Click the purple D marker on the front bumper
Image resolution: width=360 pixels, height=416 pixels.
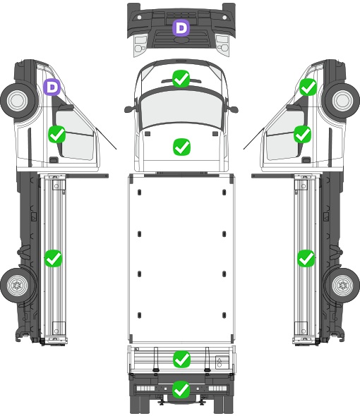click(x=181, y=27)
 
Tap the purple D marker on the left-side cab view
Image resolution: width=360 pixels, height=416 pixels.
click(x=52, y=87)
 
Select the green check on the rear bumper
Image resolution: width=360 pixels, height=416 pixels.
click(x=181, y=389)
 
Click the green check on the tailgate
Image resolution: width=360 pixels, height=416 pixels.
click(x=181, y=360)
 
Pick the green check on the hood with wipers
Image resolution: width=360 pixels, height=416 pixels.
click(x=181, y=79)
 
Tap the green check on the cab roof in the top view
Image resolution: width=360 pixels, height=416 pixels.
click(x=181, y=147)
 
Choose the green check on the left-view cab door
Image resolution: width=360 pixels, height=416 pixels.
click(x=57, y=134)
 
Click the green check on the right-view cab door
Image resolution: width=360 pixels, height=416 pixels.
click(x=303, y=134)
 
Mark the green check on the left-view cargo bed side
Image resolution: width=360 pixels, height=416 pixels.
click(x=53, y=258)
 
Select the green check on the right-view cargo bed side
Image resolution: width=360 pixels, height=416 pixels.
click(x=306, y=258)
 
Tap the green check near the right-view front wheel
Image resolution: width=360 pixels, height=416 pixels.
click(x=308, y=87)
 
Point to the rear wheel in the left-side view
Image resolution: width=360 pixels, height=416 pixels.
click(x=18, y=285)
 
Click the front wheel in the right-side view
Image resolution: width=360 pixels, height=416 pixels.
click(x=342, y=101)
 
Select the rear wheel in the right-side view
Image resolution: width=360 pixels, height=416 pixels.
click(x=342, y=285)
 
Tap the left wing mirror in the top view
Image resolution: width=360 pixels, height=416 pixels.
click(x=129, y=109)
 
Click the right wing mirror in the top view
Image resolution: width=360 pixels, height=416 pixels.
click(x=233, y=109)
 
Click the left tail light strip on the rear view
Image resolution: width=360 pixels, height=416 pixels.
click(x=145, y=389)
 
